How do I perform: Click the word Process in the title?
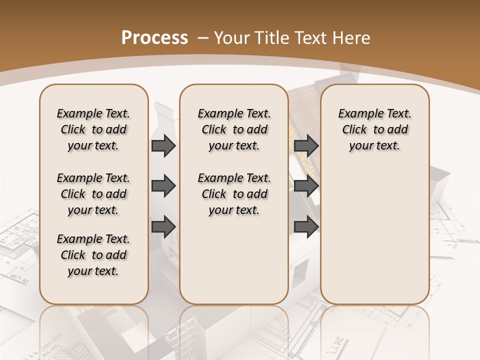click(154, 38)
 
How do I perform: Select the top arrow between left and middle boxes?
click(163, 145)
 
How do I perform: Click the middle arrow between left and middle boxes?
click(163, 186)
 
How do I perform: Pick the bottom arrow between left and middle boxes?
click(163, 226)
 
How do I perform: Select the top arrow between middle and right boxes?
click(306, 145)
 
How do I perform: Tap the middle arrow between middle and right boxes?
click(306, 186)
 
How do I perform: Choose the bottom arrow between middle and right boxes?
click(306, 226)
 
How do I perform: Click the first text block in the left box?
click(93, 129)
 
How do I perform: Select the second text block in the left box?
click(93, 194)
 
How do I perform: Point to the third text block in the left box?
click(93, 255)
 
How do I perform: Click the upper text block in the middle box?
click(234, 129)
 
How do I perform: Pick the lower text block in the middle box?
click(234, 194)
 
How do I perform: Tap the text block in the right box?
click(374, 129)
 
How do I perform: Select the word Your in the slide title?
click(231, 38)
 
